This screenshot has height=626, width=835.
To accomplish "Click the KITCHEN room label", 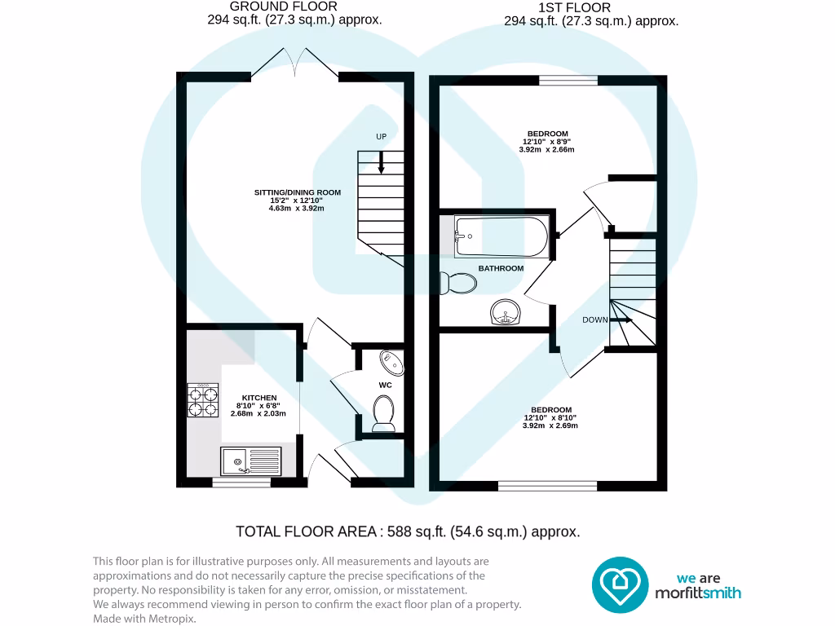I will point(248,398).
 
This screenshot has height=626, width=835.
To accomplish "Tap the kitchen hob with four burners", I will point(203,400).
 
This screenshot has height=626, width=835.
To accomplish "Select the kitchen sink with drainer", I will point(250,461).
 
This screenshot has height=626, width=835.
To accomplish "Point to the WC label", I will point(386,383).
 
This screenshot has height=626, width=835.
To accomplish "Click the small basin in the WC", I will point(389,361).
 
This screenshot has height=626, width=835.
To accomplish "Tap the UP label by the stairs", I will point(381,137).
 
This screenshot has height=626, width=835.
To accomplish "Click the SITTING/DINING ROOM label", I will point(297,192).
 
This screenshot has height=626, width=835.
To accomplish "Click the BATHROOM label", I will point(501,268).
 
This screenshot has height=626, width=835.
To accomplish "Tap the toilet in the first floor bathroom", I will point(457,284).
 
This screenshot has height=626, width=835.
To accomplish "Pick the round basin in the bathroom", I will point(506,311).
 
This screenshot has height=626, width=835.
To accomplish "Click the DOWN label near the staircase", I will point(594,320).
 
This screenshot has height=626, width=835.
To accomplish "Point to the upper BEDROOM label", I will point(547,134).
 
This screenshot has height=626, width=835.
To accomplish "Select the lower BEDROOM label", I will point(551,410).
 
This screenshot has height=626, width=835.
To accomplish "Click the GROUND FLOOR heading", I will point(294,7).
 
